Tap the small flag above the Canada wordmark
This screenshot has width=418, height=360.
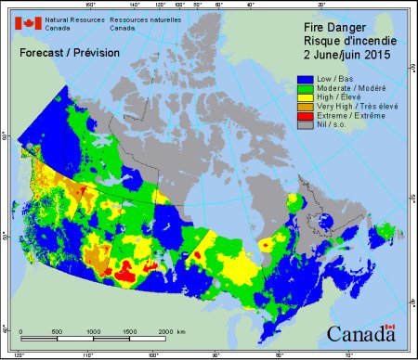coord(390,327)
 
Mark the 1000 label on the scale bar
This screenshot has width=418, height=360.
coord(94,331)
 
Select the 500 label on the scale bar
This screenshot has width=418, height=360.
coord(57,331)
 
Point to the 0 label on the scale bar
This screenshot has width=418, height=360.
coord(21,331)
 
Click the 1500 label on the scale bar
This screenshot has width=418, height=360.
coord(128,331)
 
